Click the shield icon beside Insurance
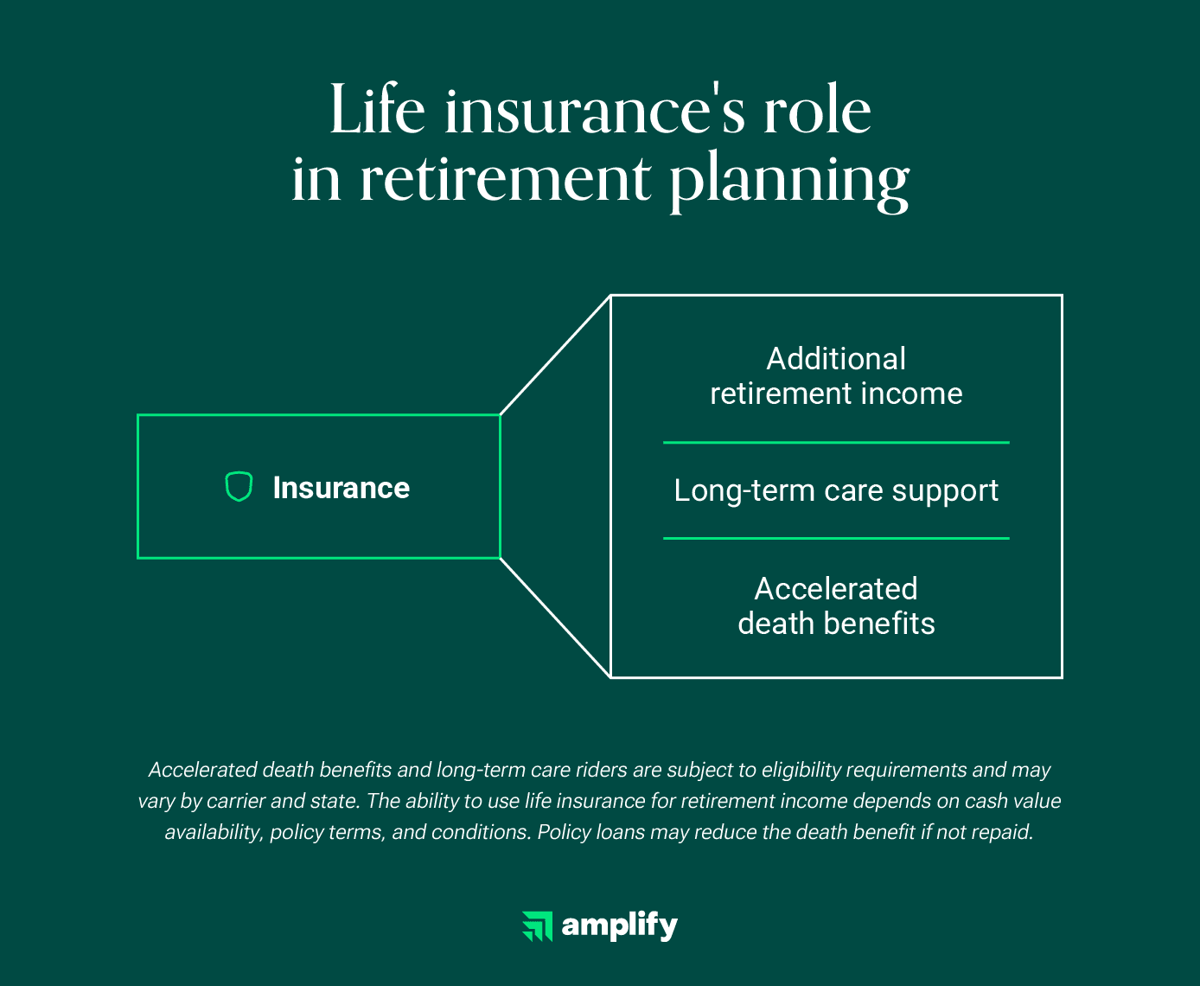[x=239, y=487]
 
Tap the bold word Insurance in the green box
[x=341, y=488]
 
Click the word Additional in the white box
[x=836, y=359]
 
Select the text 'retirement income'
[x=836, y=394]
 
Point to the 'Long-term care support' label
[x=836, y=490]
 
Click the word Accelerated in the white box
[x=836, y=589]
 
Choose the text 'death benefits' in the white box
[x=836, y=624]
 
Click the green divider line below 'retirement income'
[x=836, y=442]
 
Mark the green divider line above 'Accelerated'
[x=836, y=538]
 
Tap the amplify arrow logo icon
[x=538, y=926]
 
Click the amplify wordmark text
[x=620, y=926]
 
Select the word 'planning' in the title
[x=788, y=182]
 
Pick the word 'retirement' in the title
[x=505, y=179]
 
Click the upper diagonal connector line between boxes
[x=555, y=355]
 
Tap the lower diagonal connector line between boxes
[x=555, y=618]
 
